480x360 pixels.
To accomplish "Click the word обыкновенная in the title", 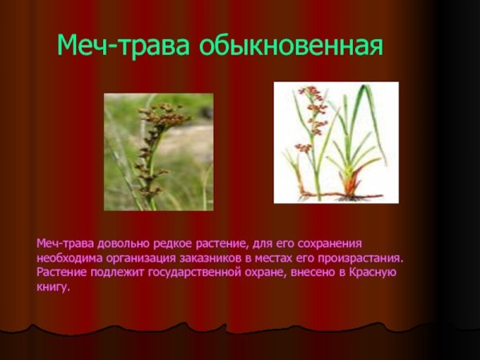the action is point(291,46).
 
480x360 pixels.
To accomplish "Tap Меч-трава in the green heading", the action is point(122,46).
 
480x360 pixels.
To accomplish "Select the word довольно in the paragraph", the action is point(125,244).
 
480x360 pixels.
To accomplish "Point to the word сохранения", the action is point(330,244).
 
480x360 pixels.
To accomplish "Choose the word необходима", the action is point(70,258).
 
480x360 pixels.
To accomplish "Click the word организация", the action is point(141,259).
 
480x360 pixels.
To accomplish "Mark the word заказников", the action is point(210,258).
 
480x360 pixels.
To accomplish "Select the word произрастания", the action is point(360,259).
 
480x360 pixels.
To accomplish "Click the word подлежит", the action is point(117,273).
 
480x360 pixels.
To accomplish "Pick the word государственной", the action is point(194,273).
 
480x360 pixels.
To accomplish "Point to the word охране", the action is point(266,273).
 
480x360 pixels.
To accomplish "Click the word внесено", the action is point(313,273).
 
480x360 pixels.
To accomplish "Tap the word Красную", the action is point(373,273).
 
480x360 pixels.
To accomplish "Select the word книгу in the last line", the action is point(53,287).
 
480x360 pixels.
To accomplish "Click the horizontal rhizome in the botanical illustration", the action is point(340,195).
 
